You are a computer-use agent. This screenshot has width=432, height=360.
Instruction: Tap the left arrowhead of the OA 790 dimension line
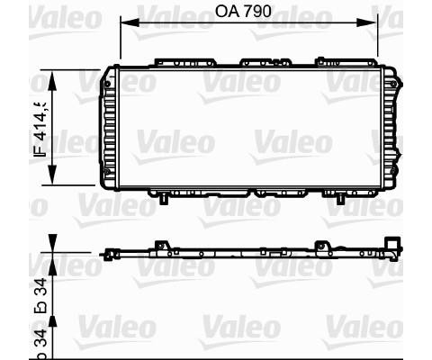125,23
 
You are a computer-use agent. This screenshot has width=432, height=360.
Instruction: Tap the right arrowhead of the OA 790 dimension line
372,23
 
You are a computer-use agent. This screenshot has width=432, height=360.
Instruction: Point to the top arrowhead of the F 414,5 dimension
52,72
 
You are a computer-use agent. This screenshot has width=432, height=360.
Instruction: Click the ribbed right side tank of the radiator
389,126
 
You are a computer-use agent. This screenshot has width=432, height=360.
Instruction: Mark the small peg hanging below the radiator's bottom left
163,199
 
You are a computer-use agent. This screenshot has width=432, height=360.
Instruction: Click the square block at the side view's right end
391,245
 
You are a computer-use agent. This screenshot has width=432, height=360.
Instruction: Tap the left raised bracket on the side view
161,245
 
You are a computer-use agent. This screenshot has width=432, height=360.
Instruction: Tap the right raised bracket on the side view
321,245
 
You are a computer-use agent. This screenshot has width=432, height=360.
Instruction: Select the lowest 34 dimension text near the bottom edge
40,340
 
